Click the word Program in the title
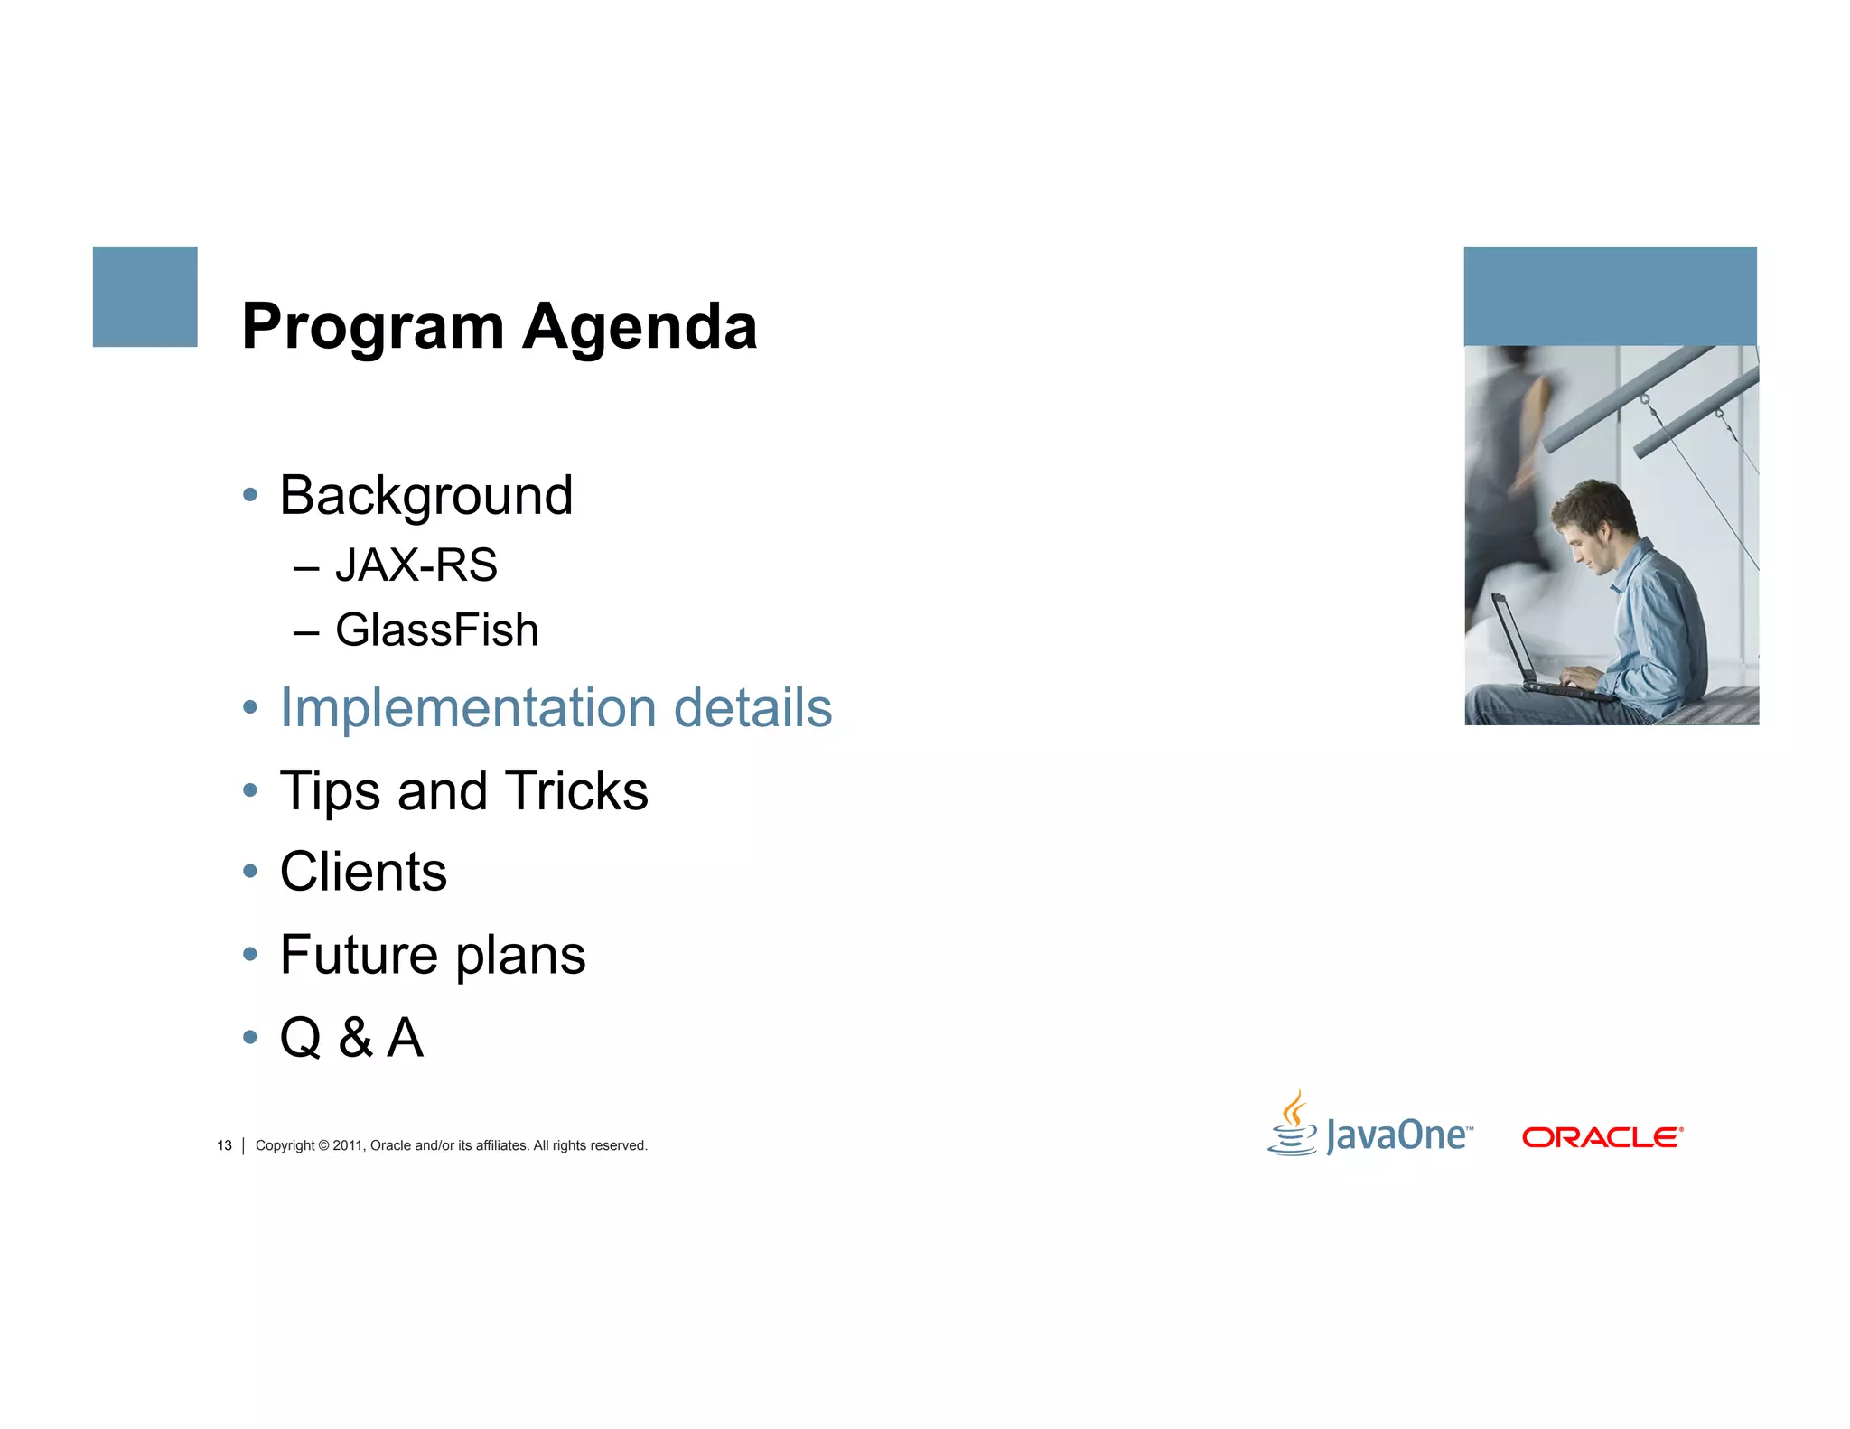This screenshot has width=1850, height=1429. pyautogui.click(x=372, y=328)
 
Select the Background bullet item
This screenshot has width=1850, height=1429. pyautogui.click(x=425, y=496)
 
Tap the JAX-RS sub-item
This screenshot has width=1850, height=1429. pyautogui.click(x=416, y=565)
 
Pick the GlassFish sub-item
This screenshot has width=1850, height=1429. pyautogui.click(x=436, y=630)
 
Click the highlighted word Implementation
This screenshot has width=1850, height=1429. pyautogui.click(x=468, y=707)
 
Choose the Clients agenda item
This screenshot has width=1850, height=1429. pyautogui.click(x=363, y=873)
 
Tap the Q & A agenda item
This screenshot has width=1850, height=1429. pyautogui.click(x=351, y=1038)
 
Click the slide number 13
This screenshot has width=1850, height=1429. pyautogui.click(x=224, y=1145)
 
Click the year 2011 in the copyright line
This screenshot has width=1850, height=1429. pyautogui.click(x=347, y=1145)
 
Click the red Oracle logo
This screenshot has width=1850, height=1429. pyautogui.click(x=1602, y=1137)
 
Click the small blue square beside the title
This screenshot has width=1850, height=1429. pyautogui.click(x=145, y=296)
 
